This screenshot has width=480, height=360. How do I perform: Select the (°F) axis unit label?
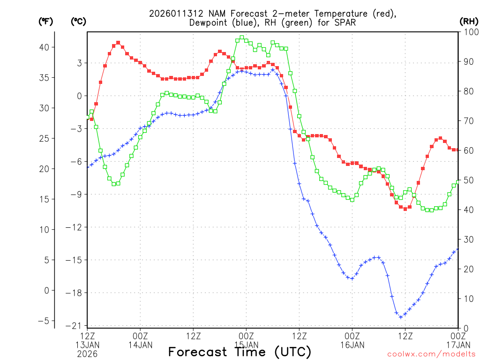coord(45,21)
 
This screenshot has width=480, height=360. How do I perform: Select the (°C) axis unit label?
coord(78,21)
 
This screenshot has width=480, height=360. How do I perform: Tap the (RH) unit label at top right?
coord(469,21)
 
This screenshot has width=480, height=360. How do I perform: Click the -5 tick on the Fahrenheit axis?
coord(46,321)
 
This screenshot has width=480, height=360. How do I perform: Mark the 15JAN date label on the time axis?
coord(247,345)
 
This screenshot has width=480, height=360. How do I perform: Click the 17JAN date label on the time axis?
coord(458,345)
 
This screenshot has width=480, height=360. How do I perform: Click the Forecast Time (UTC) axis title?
coord(240,352)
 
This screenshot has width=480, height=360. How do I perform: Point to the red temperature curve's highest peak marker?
coord(118,43)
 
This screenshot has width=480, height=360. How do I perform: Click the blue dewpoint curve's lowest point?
coord(401,317)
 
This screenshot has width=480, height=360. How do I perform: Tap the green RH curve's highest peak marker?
coord(242,37)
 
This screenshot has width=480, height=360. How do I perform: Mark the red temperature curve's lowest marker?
coord(405,209)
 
